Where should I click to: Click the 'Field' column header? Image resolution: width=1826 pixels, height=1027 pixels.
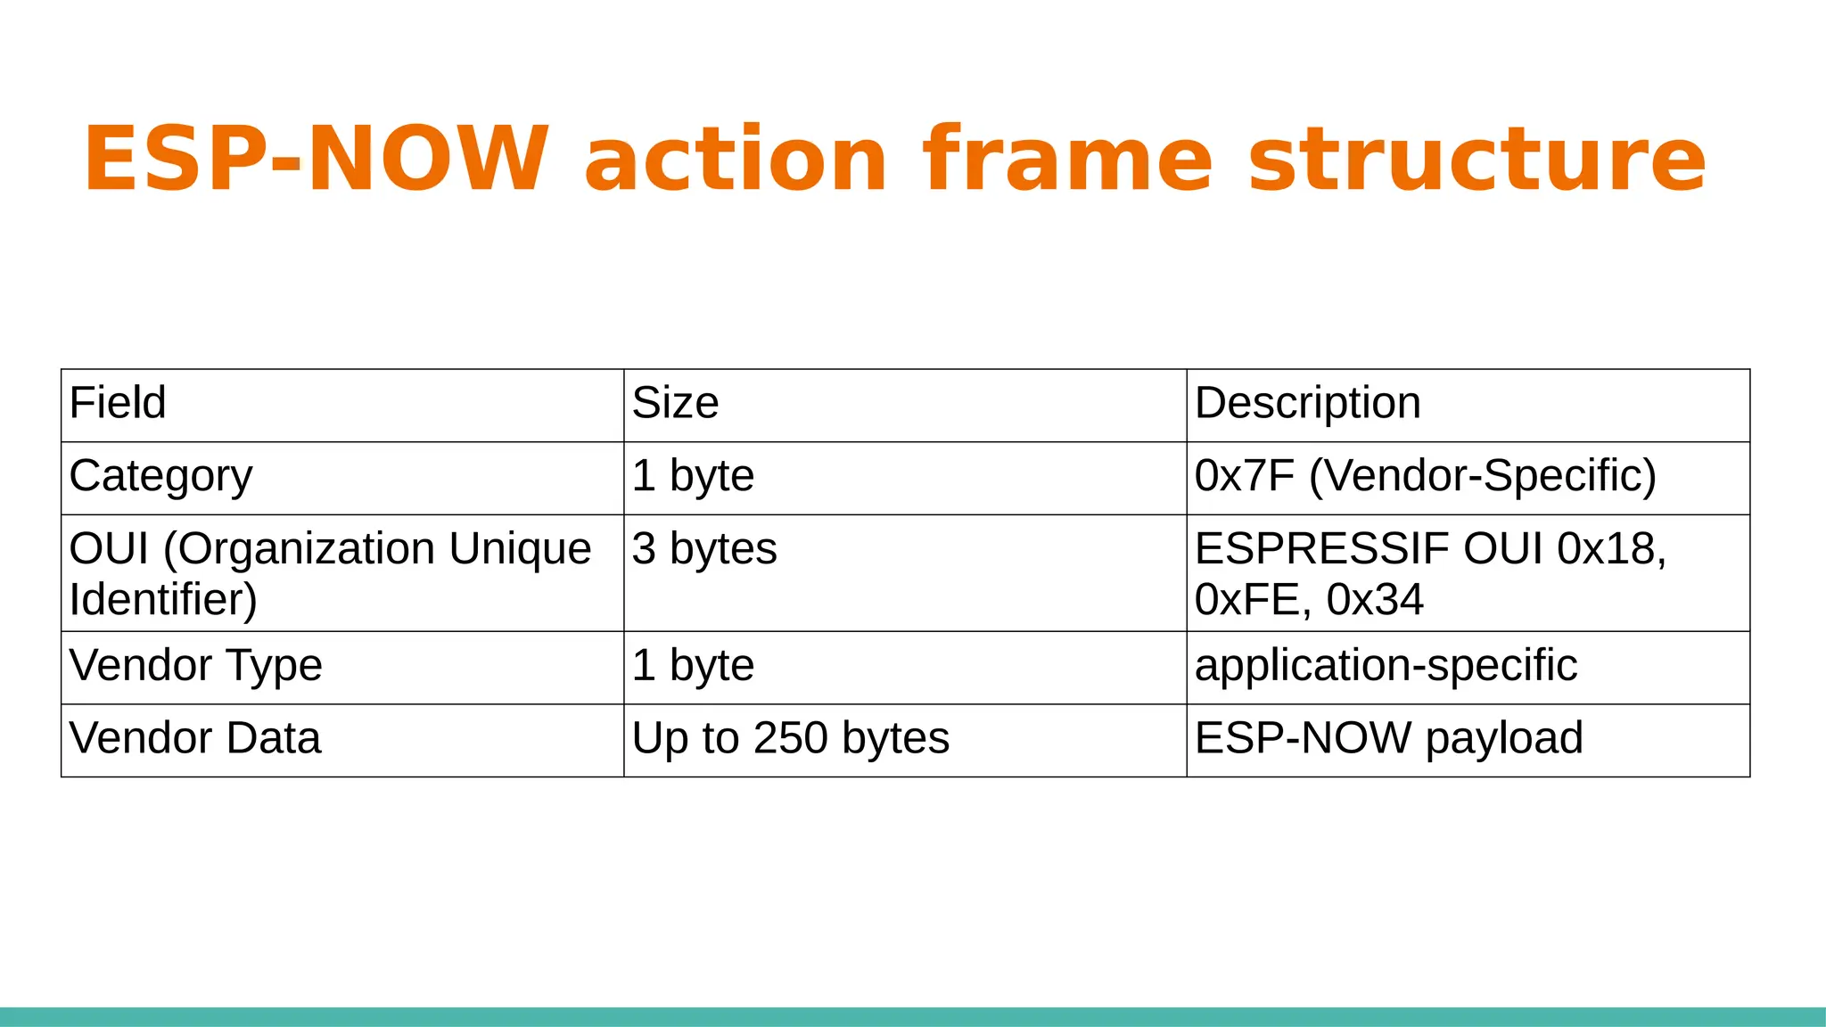point(118,403)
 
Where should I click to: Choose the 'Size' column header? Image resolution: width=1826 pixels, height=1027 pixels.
point(675,403)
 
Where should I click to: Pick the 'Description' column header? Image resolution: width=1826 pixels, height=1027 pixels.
point(1307,403)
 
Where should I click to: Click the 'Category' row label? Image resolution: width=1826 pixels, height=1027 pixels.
point(160,476)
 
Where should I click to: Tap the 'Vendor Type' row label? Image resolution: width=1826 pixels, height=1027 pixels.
point(195,665)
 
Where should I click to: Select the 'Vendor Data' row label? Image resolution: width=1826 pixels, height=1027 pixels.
point(194,738)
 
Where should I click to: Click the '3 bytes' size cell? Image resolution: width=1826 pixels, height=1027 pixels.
point(704,548)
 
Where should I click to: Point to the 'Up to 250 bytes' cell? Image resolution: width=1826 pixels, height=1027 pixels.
point(790,738)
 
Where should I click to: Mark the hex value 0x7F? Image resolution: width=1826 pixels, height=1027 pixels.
point(1245,476)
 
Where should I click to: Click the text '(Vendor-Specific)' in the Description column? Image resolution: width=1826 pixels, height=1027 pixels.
point(1483,476)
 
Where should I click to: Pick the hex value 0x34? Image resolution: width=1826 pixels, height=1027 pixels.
point(1375,599)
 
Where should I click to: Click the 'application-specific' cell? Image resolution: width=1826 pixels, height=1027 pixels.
point(1386,665)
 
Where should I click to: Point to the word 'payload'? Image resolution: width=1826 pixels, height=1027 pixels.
point(1504,738)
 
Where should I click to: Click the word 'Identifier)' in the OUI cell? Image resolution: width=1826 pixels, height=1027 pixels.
point(163,599)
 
